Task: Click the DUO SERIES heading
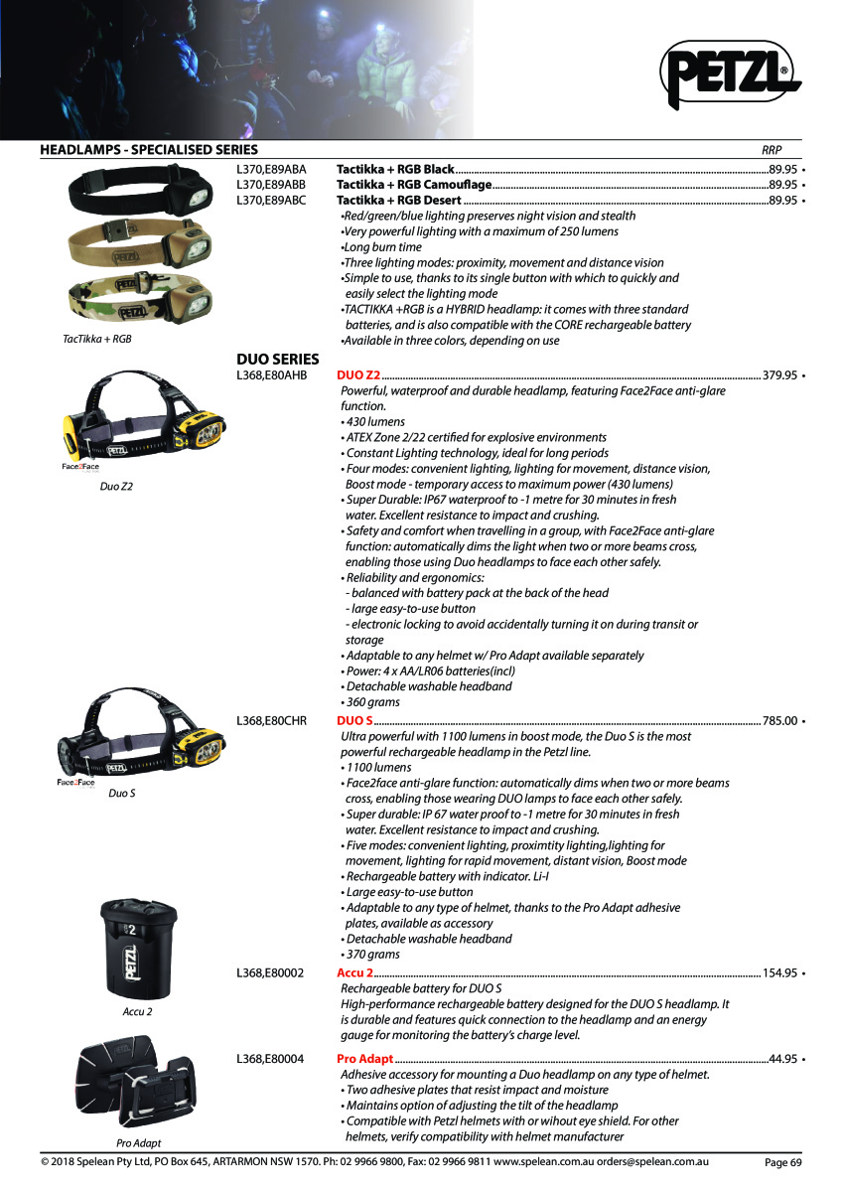[277, 359]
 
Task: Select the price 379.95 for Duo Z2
[779, 375]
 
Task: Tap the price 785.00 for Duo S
[779, 720]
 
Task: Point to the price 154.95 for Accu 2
[779, 972]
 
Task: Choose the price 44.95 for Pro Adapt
[783, 1059]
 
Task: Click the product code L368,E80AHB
[271, 375]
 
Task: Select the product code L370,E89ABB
[271, 185]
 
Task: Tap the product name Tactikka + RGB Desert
[399, 201]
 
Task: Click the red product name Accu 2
[354, 972]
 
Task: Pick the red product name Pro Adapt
[365, 1059]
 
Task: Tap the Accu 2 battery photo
[137, 950]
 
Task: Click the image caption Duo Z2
[116, 487]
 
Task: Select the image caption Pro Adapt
[138, 1143]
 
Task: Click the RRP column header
[772, 151]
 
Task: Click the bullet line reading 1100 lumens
[378, 767]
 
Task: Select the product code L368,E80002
[271, 972]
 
